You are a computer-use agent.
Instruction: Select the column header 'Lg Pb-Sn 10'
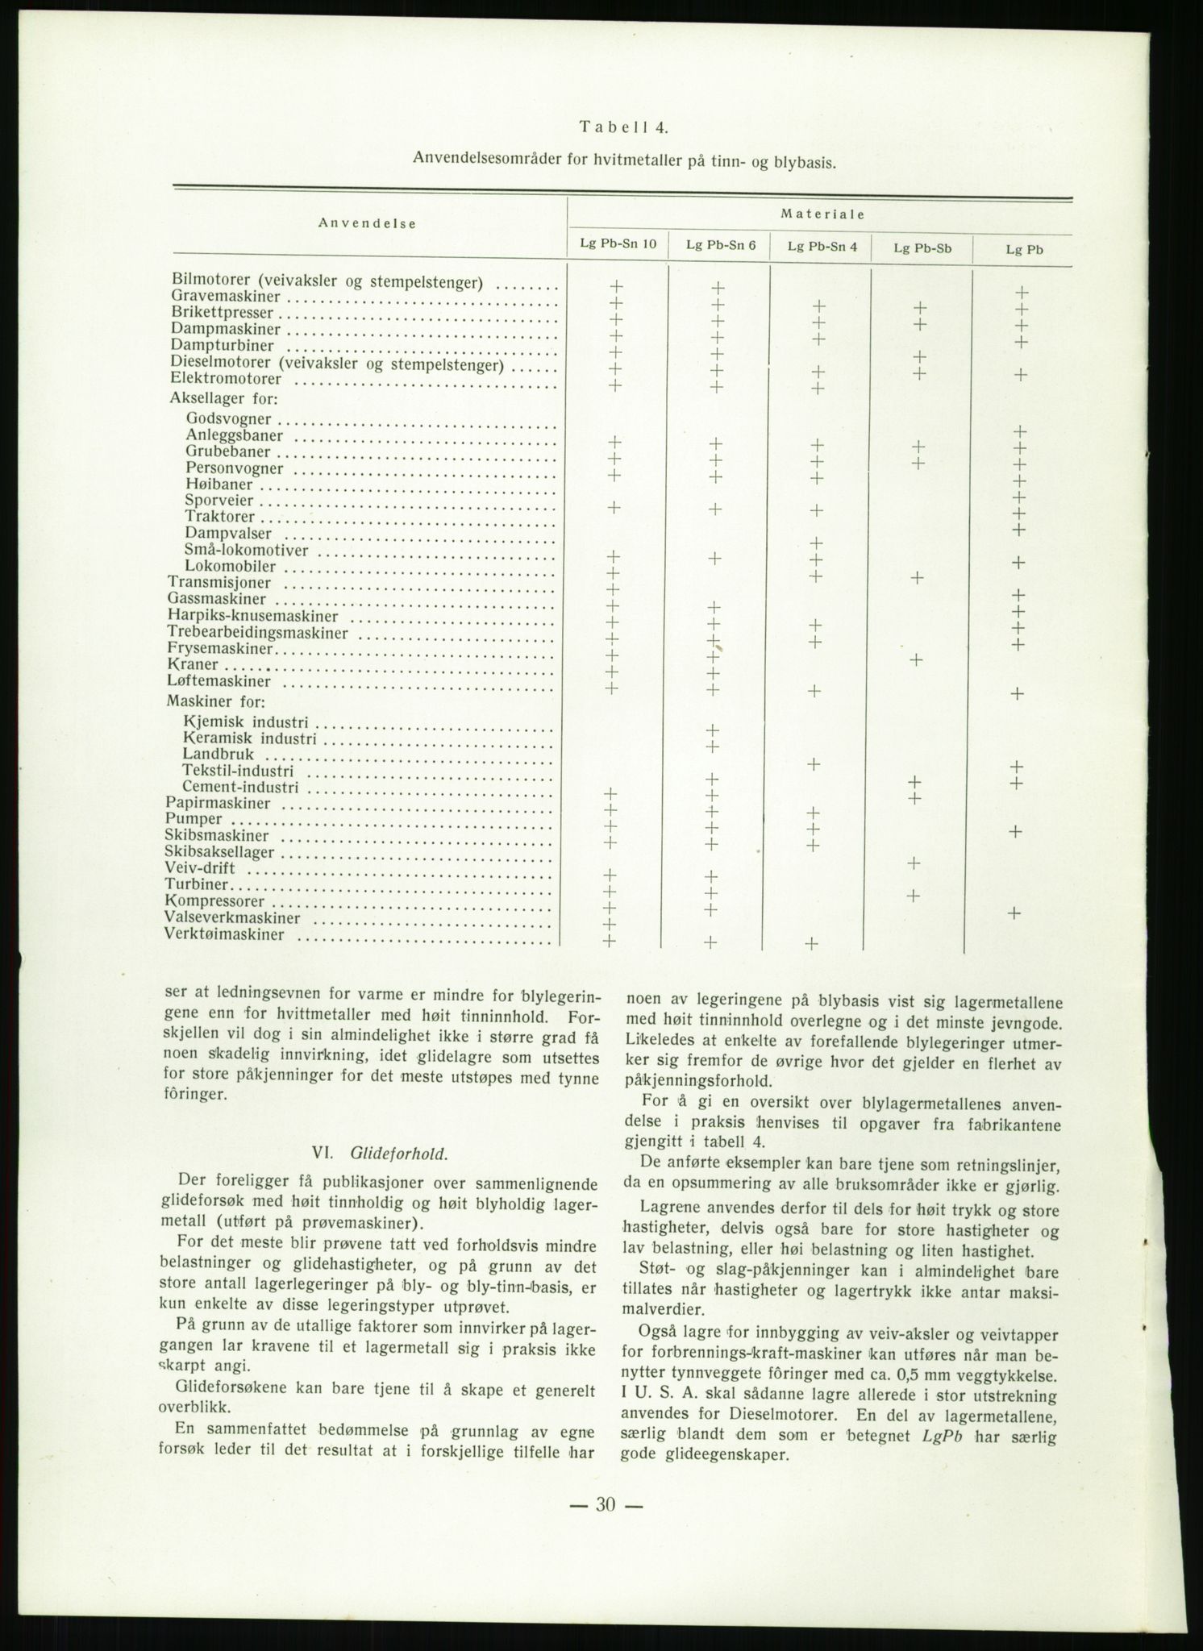coord(618,245)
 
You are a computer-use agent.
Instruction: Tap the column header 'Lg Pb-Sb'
coord(922,248)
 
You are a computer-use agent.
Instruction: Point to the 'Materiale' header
coord(822,214)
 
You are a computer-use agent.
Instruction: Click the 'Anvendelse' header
coord(367,224)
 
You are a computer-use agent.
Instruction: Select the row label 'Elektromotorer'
coord(226,378)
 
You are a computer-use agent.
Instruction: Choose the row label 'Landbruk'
coord(219,755)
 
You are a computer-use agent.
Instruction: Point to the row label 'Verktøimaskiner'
coord(225,935)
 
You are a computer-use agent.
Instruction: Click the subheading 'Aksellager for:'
coord(223,398)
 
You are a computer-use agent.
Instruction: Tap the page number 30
coord(606,1503)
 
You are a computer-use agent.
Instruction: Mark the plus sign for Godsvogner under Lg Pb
coord(1020,431)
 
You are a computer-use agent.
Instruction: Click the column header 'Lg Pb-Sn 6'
coord(720,246)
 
